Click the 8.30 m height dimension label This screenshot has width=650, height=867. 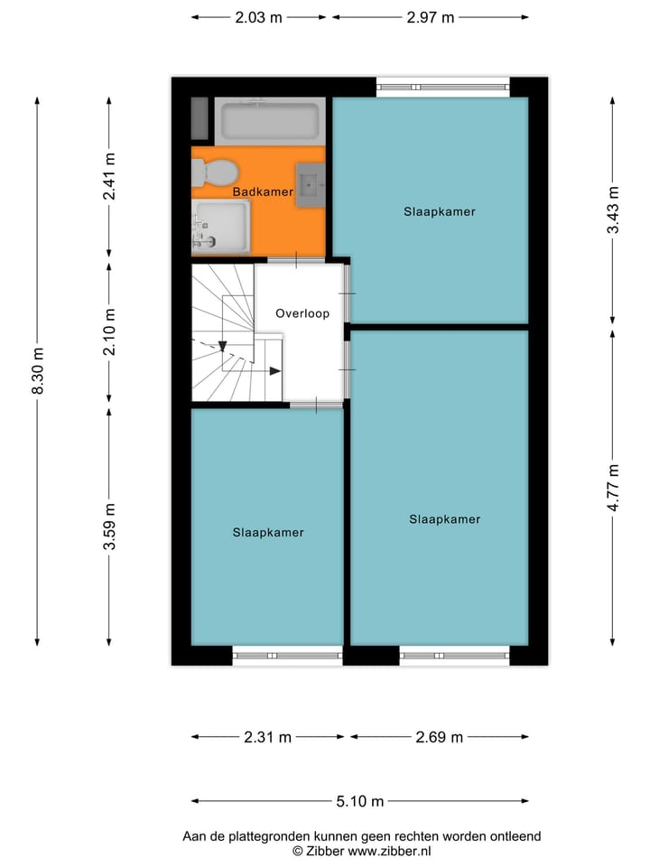point(37,371)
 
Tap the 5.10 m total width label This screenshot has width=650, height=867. point(360,801)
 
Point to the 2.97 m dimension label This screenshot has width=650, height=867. point(430,17)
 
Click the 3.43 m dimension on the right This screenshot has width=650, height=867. point(614,210)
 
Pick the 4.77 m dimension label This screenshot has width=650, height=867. point(614,488)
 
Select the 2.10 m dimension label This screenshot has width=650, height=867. point(109,331)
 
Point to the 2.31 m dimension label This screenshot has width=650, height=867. point(268,737)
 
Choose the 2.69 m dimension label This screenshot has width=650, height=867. point(439,737)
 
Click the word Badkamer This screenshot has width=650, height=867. point(262,192)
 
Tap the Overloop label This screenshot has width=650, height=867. point(302,314)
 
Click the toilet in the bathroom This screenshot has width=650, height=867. point(215,172)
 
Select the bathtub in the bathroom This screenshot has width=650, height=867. point(270,121)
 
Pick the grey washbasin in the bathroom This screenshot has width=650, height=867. point(311,186)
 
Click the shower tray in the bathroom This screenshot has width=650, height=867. point(221,226)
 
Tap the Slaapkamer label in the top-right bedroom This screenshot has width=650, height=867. point(439,212)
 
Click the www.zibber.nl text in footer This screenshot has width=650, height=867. point(389,851)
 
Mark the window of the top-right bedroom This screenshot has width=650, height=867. point(442,88)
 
